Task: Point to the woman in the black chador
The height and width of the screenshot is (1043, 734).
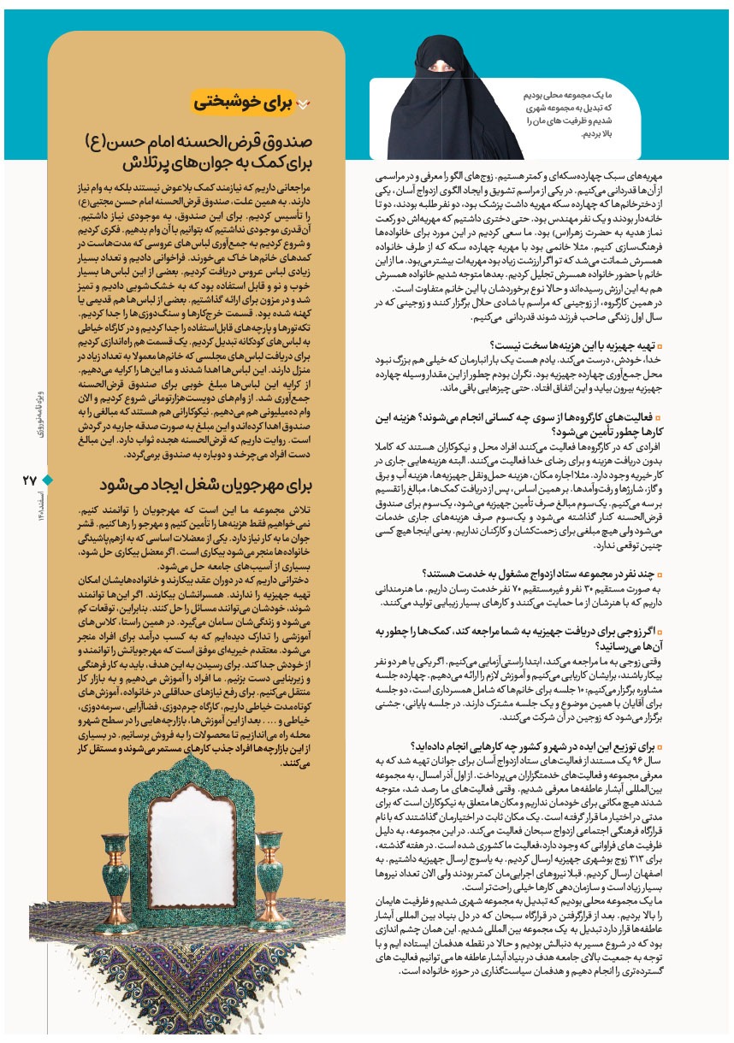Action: [x=457, y=98]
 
